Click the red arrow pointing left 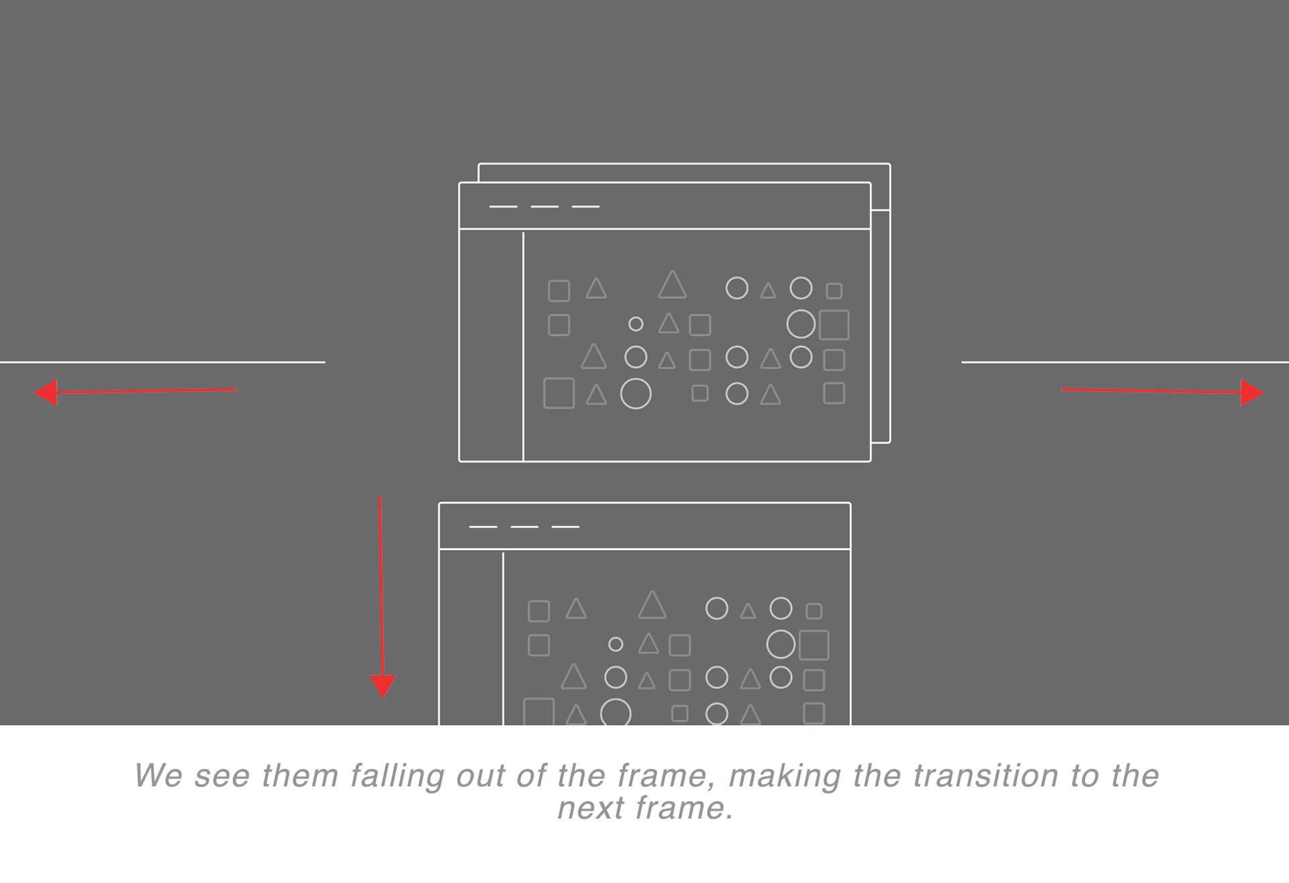point(135,391)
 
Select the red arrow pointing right point(1162,391)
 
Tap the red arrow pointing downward point(381,597)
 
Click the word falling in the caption point(397,776)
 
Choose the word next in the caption point(592,808)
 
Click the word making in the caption point(785,776)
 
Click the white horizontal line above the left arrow point(162,362)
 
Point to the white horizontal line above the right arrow point(1125,362)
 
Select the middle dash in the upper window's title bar point(544,207)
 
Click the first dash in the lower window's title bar point(483,527)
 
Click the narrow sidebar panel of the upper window point(491,345)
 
